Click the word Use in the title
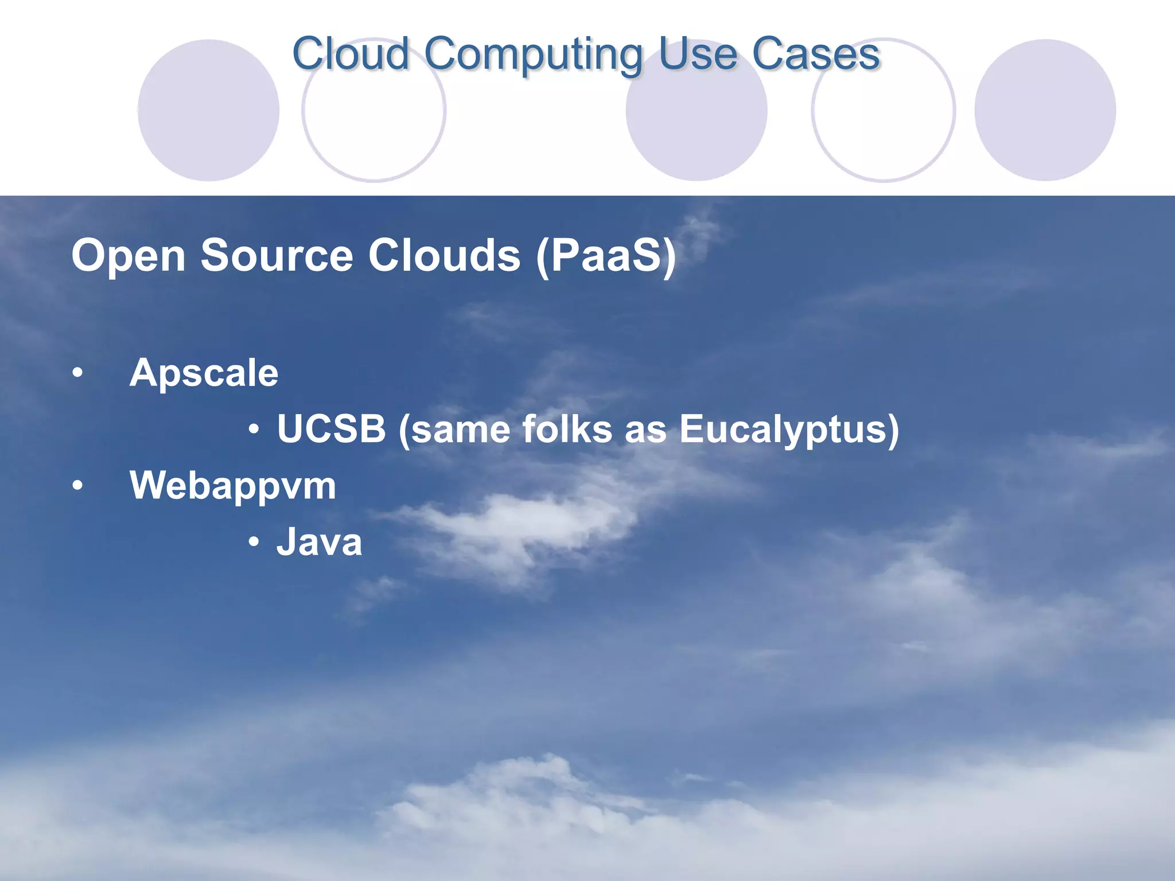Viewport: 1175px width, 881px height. pos(697,54)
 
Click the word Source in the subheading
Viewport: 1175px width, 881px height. pos(277,255)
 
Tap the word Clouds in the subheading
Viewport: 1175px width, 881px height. pos(444,255)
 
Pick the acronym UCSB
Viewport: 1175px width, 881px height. pos(331,428)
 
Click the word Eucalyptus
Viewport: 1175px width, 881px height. pos(789,430)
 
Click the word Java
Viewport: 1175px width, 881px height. pos(319,542)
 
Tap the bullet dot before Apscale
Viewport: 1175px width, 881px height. pos(77,374)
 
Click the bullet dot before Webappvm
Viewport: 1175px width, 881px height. pos(77,486)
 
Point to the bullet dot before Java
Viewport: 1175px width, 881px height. pos(254,541)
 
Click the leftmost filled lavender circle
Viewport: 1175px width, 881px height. pos(208,110)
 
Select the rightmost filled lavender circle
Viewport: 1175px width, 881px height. pos(1045,110)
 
